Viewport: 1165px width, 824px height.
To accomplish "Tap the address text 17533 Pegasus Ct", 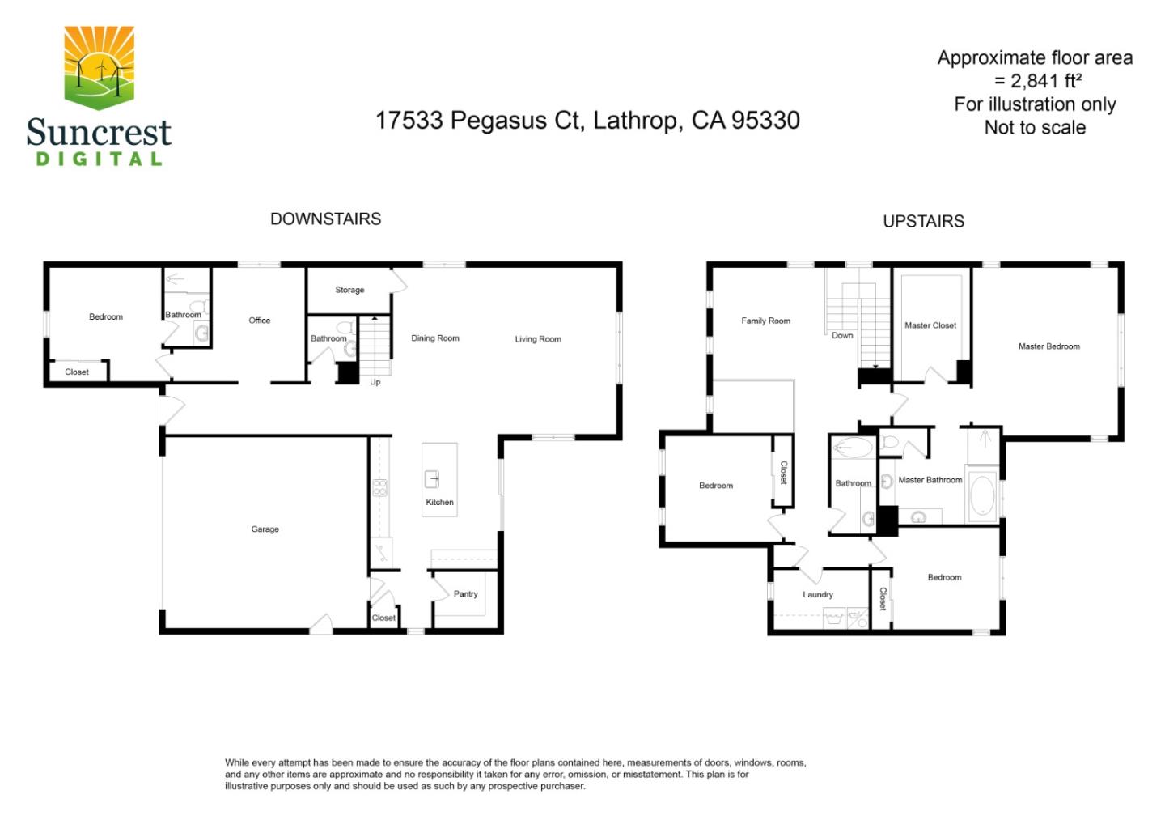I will [x=477, y=121].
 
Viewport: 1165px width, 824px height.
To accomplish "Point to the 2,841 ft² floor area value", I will [x=1045, y=81].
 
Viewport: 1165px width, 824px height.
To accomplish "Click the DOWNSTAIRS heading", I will [x=325, y=219].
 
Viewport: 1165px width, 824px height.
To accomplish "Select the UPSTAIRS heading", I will [x=923, y=221].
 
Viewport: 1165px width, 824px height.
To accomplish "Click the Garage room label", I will [x=265, y=529].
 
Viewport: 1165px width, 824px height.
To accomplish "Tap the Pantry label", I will [x=465, y=594].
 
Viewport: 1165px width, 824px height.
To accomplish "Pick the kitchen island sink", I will [x=432, y=479].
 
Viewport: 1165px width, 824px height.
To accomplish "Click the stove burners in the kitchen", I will [x=379, y=487].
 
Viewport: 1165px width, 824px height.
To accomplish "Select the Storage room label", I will [x=349, y=290].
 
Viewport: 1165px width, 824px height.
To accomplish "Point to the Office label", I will [x=259, y=321].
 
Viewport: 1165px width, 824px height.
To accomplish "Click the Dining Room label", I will [x=434, y=338].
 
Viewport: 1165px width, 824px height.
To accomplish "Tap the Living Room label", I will [x=538, y=339].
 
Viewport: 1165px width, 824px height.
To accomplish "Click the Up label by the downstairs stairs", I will [x=375, y=382].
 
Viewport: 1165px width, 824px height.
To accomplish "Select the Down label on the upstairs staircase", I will [x=842, y=335].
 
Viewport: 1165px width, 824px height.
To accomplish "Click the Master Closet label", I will [x=930, y=325].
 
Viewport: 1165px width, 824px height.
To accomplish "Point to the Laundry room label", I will [x=817, y=595].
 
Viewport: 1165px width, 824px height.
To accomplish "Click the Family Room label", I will [x=765, y=321].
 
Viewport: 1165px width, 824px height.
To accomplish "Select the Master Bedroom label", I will [x=1048, y=346].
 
